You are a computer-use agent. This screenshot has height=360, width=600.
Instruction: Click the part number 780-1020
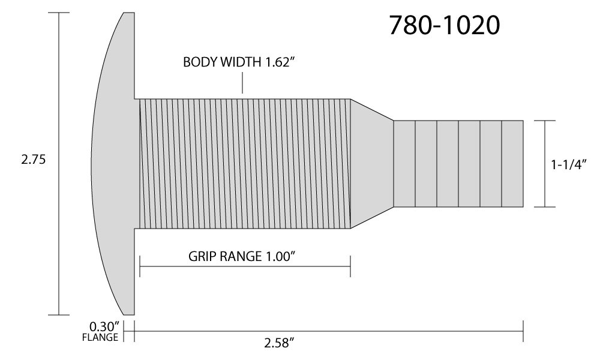coord(444,26)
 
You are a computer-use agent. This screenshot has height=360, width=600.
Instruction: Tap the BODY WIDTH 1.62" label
coord(240,62)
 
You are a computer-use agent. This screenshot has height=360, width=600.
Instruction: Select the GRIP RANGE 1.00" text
coord(242,256)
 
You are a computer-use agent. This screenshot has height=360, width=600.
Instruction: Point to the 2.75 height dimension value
coord(33,159)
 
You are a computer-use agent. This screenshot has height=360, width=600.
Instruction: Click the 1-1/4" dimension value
coord(569,164)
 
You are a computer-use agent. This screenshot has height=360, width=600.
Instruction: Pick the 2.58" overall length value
coord(279,343)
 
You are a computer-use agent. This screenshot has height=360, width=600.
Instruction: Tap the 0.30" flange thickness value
coord(104,327)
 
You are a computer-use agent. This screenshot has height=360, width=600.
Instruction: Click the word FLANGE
coord(100,337)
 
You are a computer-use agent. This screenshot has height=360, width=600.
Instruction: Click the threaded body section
coord(245,164)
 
